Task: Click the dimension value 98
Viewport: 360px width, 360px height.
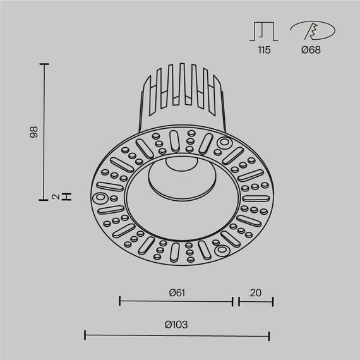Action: (x=35, y=132)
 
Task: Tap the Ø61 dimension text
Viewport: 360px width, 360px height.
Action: (x=176, y=292)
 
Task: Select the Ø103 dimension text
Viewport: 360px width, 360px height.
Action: (x=177, y=325)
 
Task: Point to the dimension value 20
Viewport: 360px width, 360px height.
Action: (x=255, y=292)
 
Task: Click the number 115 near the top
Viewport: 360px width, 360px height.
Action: (x=264, y=49)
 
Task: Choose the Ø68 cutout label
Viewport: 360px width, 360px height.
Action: (x=311, y=49)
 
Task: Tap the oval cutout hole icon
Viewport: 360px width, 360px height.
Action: (x=310, y=30)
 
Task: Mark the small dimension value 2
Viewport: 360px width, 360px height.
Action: (x=56, y=197)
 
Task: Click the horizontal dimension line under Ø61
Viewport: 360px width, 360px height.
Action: (x=176, y=302)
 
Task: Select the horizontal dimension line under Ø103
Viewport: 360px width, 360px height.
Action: (x=177, y=334)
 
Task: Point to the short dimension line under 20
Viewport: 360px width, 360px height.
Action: (x=256, y=302)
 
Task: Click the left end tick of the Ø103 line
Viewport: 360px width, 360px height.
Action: (x=85, y=334)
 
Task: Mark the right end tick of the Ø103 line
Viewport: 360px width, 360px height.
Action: (x=270, y=334)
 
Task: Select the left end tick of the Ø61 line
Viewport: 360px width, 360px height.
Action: (x=120, y=302)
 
